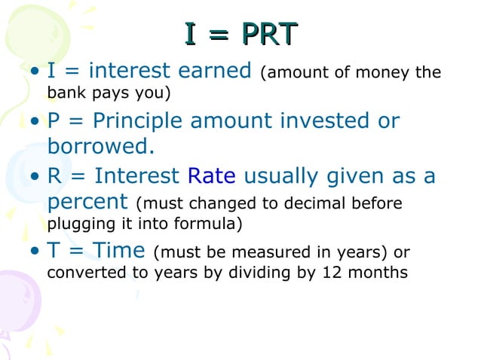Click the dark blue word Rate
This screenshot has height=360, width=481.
212,176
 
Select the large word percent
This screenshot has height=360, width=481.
88,202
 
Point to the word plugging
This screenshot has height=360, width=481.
76,224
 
